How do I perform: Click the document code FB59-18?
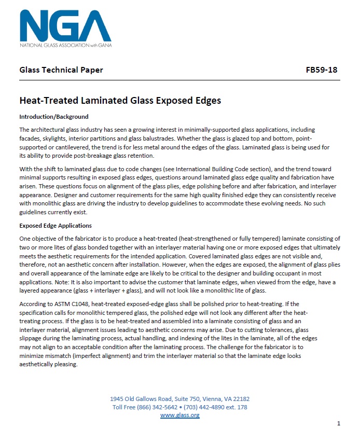[x=322, y=70]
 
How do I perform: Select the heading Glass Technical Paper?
[x=61, y=70]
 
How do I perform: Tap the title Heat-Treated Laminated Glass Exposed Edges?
[x=120, y=100]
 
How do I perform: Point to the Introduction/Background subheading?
[x=54, y=117]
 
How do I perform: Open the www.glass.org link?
[x=180, y=415]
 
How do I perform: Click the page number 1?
[x=338, y=423]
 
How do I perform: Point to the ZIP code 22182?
[x=241, y=399]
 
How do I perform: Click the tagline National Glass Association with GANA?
[x=65, y=45]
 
